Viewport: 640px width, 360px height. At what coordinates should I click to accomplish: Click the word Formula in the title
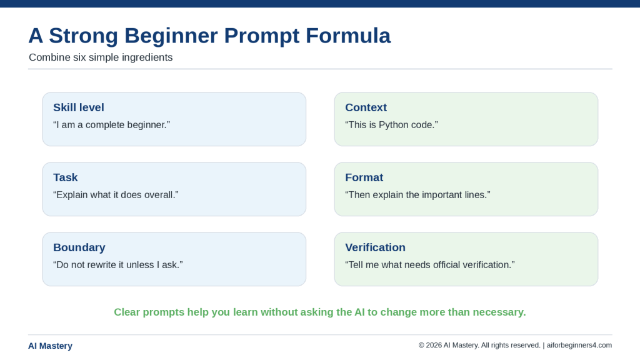(348, 36)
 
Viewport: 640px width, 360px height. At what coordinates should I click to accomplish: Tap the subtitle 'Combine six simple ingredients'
(101, 57)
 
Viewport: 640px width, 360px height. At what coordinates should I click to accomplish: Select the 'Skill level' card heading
(79, 107)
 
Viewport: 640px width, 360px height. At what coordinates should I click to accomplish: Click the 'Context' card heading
(366, 107)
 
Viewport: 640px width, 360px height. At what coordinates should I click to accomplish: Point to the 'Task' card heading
(65, 177)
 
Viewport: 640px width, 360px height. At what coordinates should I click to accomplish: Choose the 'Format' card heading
(364, 177)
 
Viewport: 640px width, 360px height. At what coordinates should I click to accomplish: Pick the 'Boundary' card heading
(79, 247)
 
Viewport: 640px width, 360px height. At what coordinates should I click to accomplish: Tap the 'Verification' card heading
(376, 247)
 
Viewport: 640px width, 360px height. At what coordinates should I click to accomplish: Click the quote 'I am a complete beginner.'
(111, 125)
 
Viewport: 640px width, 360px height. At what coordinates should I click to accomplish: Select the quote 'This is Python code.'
(391, 125)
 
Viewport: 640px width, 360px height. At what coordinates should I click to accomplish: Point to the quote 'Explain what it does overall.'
(116, 195)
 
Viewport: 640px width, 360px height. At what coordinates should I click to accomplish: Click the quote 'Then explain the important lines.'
(417, 195)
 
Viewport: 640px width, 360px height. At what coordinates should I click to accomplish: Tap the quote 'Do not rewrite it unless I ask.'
(118, 265)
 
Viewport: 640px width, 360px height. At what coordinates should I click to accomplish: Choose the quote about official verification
(430, 265)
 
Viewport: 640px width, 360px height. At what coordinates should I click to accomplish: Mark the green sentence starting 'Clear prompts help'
(320, 312)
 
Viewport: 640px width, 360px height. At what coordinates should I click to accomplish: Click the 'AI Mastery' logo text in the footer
(50, 346)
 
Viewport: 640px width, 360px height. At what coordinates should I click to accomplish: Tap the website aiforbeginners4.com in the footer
(579, 345)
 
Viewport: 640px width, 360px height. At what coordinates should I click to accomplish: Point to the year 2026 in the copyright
(434, 345)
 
